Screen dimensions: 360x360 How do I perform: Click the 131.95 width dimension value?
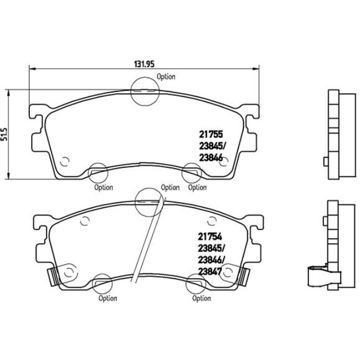pyautogui.click(x=142, y=63)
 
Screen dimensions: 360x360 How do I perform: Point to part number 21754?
pyautogui.click(x=209, y=235)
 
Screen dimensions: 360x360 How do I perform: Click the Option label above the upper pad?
pyautogui.click(x=166, y=77)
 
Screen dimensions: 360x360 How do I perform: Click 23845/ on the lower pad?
pyautogui.click(x=211, y=247)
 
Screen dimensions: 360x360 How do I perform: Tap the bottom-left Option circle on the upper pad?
pyautogui.click(x=97, y=173)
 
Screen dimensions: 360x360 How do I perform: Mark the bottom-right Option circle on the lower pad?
pyautogui.click(x=195, y=285)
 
